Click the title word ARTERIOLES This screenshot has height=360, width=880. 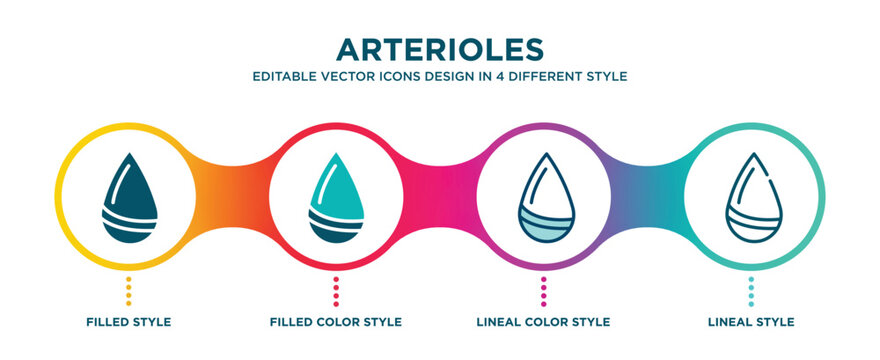441,50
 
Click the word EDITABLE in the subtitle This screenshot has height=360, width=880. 284,76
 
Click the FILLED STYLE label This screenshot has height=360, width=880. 128,322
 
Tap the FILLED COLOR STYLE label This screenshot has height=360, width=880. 336,322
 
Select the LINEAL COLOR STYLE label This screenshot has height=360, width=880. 543,322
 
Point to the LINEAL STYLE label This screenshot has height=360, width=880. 751,322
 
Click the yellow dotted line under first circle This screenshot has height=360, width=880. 128,290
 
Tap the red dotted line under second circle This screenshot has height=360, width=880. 336,290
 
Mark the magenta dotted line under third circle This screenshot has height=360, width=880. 543,290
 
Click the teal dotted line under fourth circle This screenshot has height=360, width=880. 751,290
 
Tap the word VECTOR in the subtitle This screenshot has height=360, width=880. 344,76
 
